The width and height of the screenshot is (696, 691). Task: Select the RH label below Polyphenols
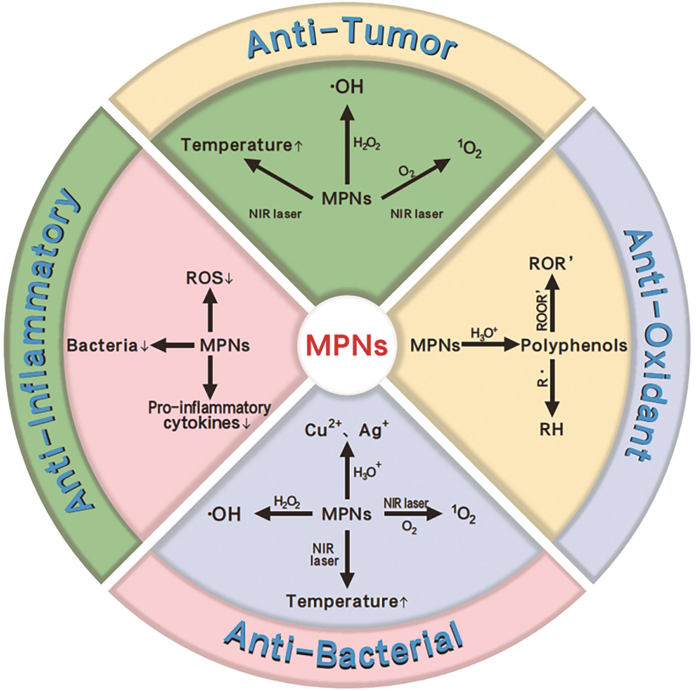click(551, 430)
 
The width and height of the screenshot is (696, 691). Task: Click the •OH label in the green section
click(347, 88)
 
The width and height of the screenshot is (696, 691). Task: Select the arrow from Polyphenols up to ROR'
click(552, 303)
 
